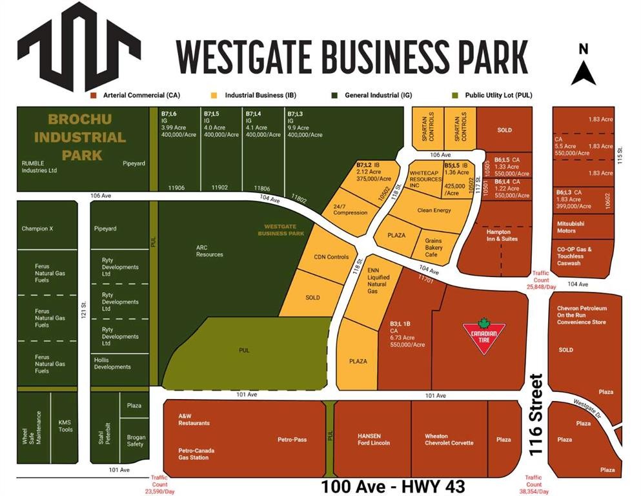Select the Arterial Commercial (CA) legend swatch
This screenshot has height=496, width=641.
click(x=94, y=96)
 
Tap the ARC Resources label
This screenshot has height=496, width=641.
click(x=210, y=250)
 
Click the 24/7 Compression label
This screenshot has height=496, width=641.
click(x=351, y=209)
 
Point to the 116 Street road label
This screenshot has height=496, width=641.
click(x=535, y=415)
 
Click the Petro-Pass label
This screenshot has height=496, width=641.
click(x=292, y=440)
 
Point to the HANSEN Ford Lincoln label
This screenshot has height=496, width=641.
click(x=374, y=439)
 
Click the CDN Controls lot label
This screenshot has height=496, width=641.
click(x=331, y=257)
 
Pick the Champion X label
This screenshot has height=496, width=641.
click(x=37, y=229)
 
